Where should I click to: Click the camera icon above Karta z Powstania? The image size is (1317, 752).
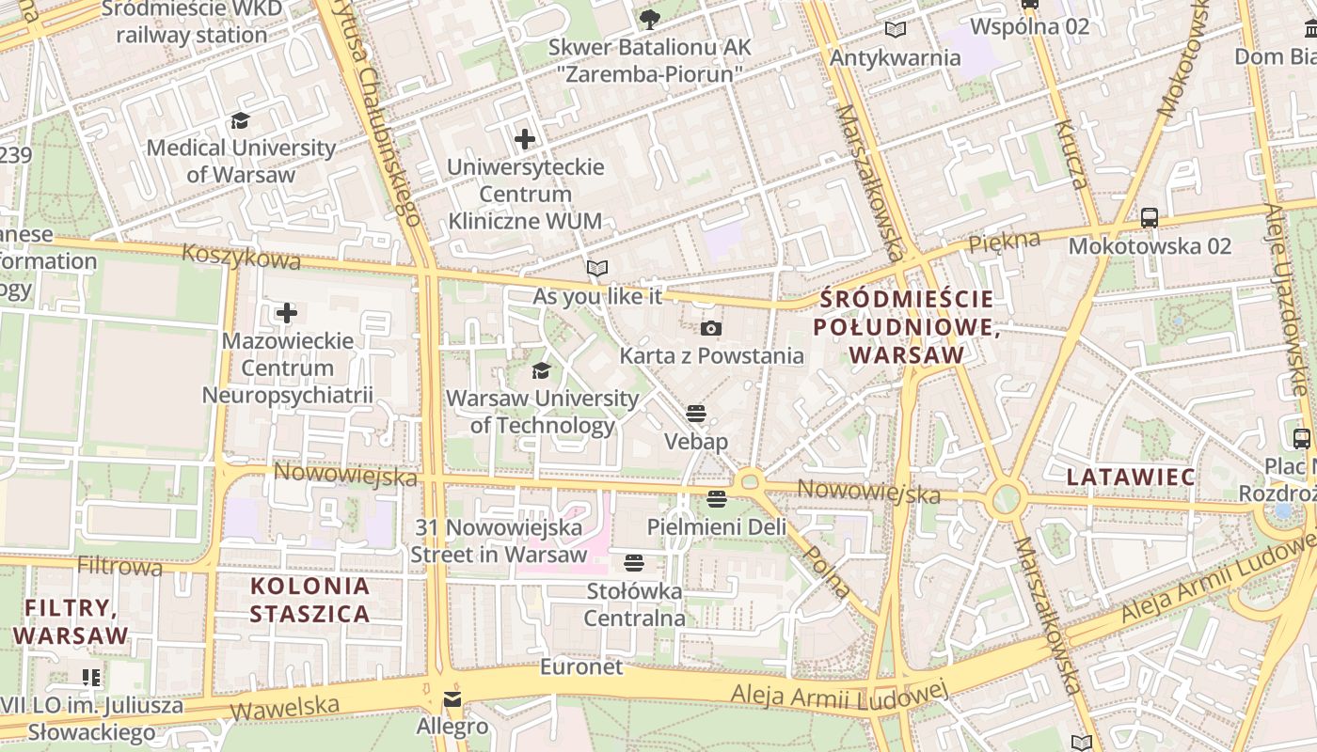(711, 328)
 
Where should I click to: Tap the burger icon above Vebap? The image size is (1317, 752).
(695, 414)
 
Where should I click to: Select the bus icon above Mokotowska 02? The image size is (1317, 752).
(1149, 218)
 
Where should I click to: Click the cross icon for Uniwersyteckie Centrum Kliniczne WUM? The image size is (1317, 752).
(524, 140)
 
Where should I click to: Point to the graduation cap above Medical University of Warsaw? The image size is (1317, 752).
(241, 120)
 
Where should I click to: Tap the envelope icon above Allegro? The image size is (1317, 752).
(452, 699)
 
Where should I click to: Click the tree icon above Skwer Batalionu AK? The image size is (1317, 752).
(649, 19)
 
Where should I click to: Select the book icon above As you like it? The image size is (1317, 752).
(596, 269)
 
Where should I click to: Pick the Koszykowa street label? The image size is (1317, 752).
(242, 256)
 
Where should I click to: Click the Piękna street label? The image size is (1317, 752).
(1005, 241)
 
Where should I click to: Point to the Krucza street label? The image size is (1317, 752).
(1070, 154)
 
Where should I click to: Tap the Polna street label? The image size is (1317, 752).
(827, 572)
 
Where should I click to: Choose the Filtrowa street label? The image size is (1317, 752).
(119, 566)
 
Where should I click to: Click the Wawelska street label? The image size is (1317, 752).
(285, 705)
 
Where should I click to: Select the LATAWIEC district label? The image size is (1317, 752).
(1130, 477)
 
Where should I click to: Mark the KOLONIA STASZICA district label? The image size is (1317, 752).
(309, 600)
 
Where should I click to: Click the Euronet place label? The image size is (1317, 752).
(581, 666)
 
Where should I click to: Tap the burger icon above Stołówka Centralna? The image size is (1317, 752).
(634, 563)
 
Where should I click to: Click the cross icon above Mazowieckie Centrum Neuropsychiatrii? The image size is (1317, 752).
(287, 313)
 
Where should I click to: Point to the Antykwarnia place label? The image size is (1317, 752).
(895, 57)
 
